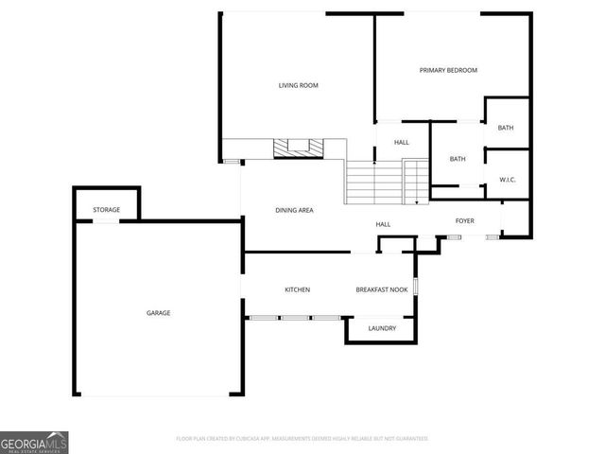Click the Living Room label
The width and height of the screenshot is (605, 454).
(298, 86)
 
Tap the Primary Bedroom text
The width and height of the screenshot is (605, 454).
(448, 70)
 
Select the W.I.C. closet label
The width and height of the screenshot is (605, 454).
(507, 181)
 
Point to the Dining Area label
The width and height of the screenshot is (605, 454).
(294, 210)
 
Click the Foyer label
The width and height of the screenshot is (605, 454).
(464, 221)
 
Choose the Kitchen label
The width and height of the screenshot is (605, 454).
(298, 289)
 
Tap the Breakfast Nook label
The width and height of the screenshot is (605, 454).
(382, 289)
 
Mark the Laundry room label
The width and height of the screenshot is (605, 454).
(382, 328)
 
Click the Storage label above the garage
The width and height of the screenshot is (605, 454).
(106, 209)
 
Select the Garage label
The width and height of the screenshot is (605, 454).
(158, 313)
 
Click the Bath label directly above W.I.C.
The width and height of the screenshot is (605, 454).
(506, 128)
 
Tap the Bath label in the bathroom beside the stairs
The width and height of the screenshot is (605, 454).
(458, 159)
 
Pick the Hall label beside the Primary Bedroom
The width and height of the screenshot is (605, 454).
(402, 141)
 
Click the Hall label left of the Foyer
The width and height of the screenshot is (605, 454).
(383, 224)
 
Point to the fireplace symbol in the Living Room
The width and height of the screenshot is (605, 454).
(298, 148)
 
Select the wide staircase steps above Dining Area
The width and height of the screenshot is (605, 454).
(373, 182)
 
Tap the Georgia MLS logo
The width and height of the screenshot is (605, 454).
(34, 442)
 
